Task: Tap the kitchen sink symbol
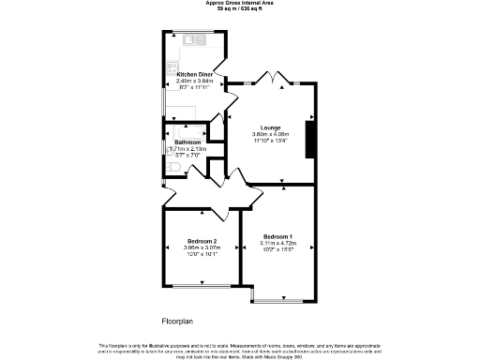coord(196,40)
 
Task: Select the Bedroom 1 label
coord(278,235)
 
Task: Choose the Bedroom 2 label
coord(202,241)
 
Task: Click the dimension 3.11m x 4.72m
coord(278,243)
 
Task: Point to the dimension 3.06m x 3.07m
coord(202,247)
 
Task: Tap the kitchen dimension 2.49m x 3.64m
coord(195,81)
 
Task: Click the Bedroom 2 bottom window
coord(202,285)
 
